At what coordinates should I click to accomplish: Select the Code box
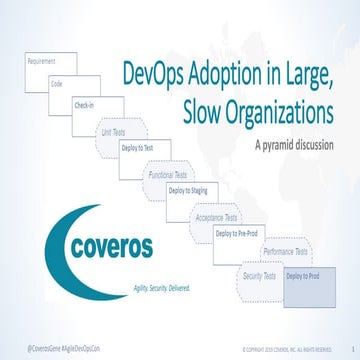tap(69, 86)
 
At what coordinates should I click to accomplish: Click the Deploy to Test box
tap(142, 147)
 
